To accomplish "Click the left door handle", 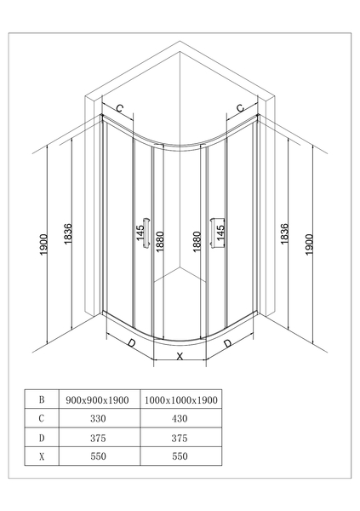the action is pos(146,233).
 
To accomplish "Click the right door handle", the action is pos(214,233).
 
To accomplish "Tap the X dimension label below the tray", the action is pos(180,357).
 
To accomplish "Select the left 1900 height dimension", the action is pos(44,244).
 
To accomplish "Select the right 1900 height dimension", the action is pos(309,244).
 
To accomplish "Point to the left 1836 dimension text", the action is pos(67,234).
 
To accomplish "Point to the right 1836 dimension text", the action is pos(284,234).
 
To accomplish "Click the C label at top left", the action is pos(120,108).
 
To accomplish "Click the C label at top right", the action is pos(240,108).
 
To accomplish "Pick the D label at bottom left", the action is pos(131,343).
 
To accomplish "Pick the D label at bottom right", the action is pos(227,343).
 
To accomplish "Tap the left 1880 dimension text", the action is pos(160,242).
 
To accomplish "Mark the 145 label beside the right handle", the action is pos(220,233).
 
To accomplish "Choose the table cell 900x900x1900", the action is pos(97,400).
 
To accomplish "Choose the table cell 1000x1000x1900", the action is pos(180,400).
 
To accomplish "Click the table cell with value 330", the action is pos(98,418).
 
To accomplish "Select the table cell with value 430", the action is pos(180,418).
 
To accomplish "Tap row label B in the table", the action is pos(42,399).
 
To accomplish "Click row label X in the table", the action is pos(42,456).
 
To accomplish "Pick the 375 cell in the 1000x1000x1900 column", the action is pos(180,438).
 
